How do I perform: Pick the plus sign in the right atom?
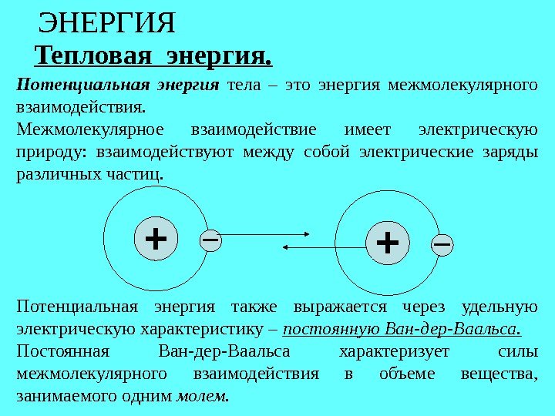click(387, 243)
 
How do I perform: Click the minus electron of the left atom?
click(210, 240)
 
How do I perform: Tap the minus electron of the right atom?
click(442, 243)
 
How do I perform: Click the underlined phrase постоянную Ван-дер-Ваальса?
click(402, 330)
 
